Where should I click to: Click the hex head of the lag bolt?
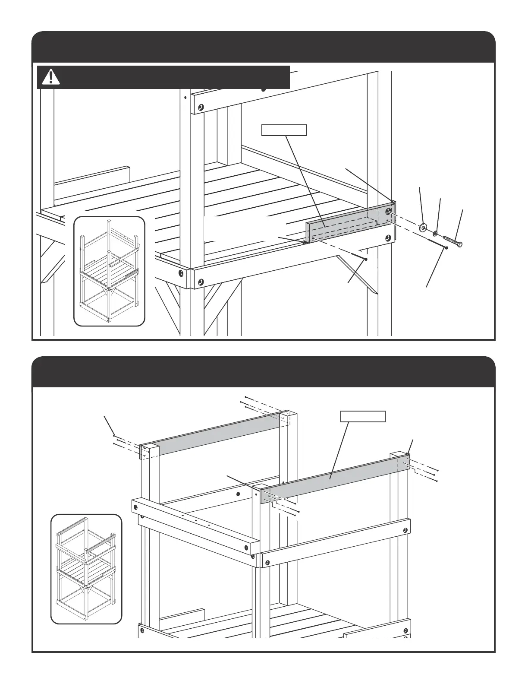(x=459, y=244)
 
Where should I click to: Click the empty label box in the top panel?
(x=284, y=130)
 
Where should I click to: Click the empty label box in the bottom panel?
(x=363, y=416)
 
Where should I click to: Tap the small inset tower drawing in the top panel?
(x=109, y=271)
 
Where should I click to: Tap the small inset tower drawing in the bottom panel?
(x=86, y=569)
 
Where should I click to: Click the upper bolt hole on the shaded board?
(x=388, y=211)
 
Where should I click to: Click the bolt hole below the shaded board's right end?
(x=388, y=238)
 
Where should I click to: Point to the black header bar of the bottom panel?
(x=263, y=372)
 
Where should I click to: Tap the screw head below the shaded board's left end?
(x=366, y=260)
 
